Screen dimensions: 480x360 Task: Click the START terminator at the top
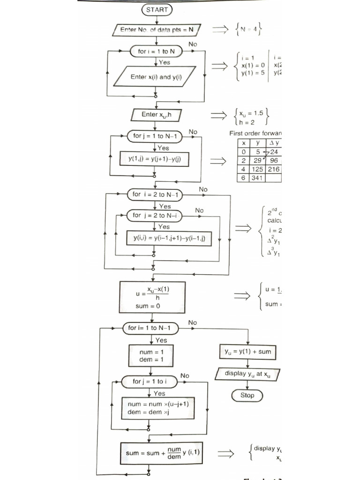click(157, 9)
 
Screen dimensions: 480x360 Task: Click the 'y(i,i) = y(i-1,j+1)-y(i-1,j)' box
click(169, 239)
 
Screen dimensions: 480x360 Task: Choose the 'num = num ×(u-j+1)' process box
click(155, 408)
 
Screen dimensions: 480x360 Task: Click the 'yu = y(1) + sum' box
click(247, 351)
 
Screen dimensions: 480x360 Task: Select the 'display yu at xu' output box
click(247, 374)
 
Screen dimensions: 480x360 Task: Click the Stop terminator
click(247, 395)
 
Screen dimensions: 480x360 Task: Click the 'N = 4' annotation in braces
click(247, 30)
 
